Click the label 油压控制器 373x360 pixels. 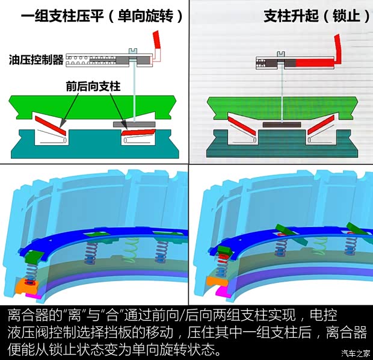[x=36, y=60]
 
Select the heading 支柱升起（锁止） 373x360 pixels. [x=316, y=16]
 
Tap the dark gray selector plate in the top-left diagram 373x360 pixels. [x=134, y=123]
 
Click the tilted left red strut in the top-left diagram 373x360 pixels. [x=51, y=125]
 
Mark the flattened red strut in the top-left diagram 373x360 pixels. [x=138, y=132]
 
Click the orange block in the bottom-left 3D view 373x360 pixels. [x=28, y=282]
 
